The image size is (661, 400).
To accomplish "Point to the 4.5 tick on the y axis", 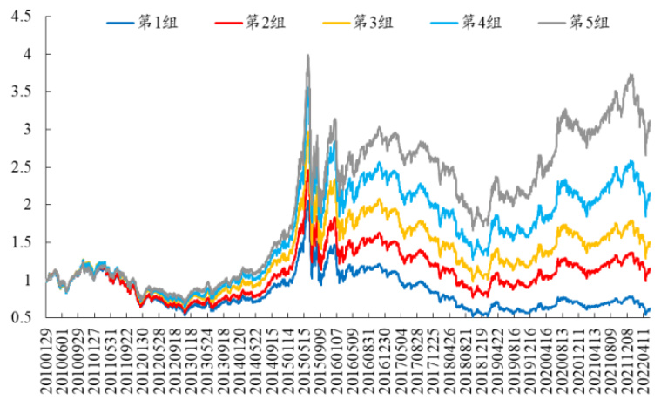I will [x=23, y=17].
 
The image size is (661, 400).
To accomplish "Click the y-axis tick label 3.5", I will [x=23, y=92].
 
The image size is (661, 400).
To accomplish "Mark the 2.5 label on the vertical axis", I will [x=23, y=167].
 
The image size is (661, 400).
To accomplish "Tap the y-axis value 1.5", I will [x=23, y=242].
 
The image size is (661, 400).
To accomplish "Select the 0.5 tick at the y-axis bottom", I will [x=23, y=318].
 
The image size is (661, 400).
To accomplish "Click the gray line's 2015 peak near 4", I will [x=307, y=56].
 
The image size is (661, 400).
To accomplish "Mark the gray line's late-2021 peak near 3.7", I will [x=630, y=76].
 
